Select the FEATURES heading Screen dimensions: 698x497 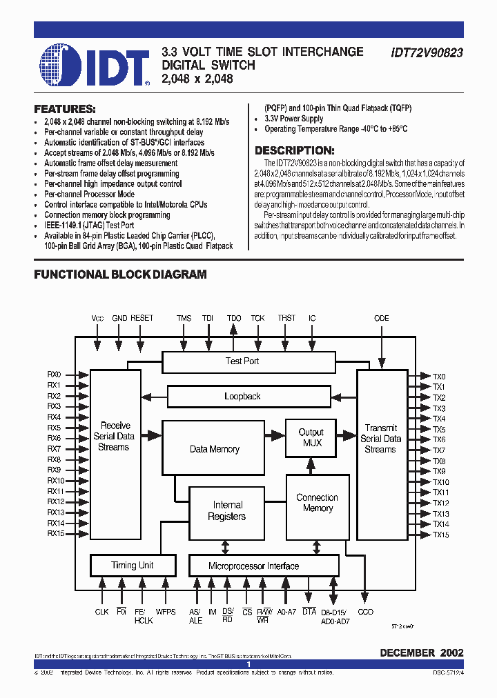[65, 109]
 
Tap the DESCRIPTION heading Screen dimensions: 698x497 [295, 150]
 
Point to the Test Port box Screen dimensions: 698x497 [242, 361]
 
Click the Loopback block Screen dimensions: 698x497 [242, 396]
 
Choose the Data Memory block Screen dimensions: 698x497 [215, 449]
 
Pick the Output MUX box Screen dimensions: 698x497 [311, 437]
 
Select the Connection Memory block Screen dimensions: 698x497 [318, 503]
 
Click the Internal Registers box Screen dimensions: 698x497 [227, 511]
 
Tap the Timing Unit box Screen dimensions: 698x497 [132, 566]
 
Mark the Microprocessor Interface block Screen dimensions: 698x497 [254, 566]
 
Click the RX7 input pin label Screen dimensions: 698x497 [54, 449]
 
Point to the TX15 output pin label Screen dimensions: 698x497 [440, 535]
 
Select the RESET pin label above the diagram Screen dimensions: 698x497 [142, 318]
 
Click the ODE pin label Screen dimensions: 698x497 [381, 318]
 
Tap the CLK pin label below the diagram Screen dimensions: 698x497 [102, 612]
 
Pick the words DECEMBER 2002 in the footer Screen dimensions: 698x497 [422, 652]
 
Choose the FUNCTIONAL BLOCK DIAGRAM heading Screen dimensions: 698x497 [120, 275]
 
